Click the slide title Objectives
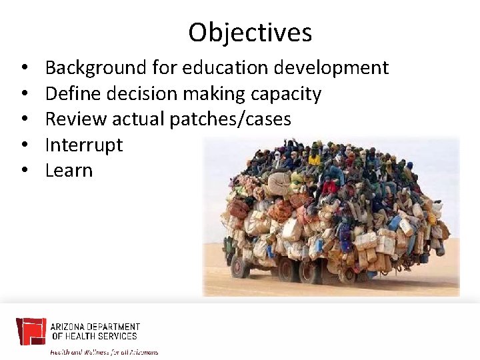point(250,32)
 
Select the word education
point(220,67)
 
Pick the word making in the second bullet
point(215,93)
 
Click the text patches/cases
point(230,119)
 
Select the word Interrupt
point(83,145)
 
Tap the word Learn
point(69,170)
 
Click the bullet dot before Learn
point(23,171)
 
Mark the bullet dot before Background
point(23,68)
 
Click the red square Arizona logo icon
point(31,331)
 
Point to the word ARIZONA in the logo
point(69,327)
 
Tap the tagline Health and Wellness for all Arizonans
point(105,351)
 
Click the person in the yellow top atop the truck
point(314,160)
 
